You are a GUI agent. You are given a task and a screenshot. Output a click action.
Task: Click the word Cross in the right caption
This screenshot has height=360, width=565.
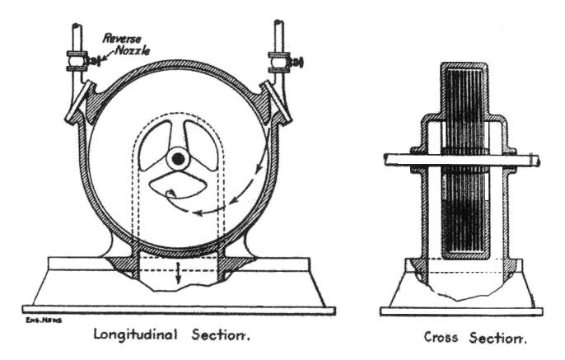442,337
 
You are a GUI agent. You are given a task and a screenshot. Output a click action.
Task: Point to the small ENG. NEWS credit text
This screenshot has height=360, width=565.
40,317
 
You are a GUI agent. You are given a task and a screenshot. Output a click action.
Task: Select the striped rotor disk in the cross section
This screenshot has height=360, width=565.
462,165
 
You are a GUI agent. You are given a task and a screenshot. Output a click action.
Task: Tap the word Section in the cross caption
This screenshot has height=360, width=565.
497,337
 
